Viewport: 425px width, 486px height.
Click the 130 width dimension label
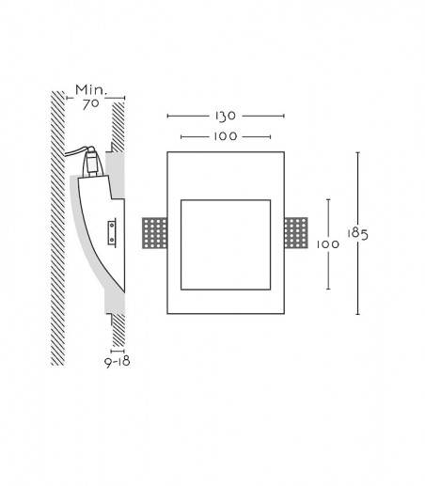(226, 117)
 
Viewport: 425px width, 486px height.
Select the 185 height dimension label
(357, 234)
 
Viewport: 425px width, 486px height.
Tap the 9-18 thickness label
(118, 362)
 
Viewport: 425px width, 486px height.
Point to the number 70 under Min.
(90, 104)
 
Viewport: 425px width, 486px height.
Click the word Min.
(91, 90)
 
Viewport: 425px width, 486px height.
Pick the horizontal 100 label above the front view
(226, 136)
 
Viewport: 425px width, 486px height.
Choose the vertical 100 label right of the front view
(328, 244)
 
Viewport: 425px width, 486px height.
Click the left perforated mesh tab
(154, 233)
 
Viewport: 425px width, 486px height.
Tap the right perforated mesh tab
(296, 233)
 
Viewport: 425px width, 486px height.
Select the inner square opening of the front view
(226, 244)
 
